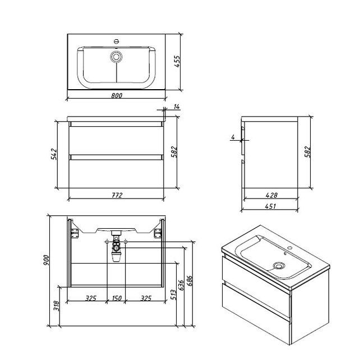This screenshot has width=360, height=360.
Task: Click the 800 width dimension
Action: [x=117, y=95]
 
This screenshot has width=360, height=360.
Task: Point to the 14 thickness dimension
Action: [x=177, y=107]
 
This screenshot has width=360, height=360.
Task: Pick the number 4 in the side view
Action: [x=232, y=136]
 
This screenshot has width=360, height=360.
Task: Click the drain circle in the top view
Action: [x=117, y=57]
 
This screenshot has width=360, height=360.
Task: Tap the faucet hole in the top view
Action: [x=117, y=41]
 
